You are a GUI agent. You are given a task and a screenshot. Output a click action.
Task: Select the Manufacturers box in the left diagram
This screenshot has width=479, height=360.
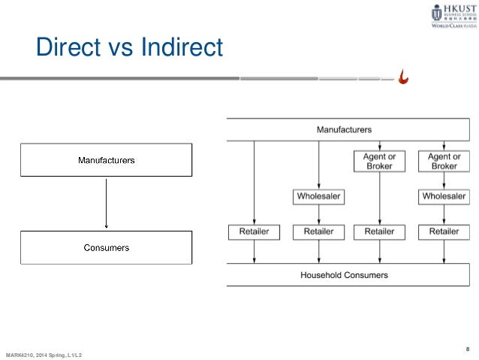[x=107, y=160]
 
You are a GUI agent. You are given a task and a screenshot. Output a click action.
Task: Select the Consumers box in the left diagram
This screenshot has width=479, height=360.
[x=107, y=247]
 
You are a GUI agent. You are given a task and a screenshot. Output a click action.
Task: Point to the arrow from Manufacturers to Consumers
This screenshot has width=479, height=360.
[x=107, y=203]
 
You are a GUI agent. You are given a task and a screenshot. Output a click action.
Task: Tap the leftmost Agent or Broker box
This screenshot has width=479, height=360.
[x=380, y=162]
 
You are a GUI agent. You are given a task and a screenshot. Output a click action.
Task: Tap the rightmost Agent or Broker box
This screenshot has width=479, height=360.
[x=444, y=162]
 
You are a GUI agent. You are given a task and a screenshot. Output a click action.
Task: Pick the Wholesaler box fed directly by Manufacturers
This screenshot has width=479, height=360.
[x=318, y=197]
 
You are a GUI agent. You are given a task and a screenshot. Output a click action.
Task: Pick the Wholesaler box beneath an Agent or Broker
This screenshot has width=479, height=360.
[x=444, y=197]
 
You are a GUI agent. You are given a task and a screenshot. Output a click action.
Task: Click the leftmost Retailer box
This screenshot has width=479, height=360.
[x=254, y=232]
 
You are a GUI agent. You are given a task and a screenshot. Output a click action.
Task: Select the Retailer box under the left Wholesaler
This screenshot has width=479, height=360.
[x=318, y=232]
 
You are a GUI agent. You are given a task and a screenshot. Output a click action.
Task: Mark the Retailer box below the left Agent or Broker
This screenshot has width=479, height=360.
[x=380, y=232]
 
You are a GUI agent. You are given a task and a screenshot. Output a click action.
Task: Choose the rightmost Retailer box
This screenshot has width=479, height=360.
[x=444, y=232]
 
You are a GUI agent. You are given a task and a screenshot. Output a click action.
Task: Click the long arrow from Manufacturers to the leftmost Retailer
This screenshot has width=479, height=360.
[x=255, y=180]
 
